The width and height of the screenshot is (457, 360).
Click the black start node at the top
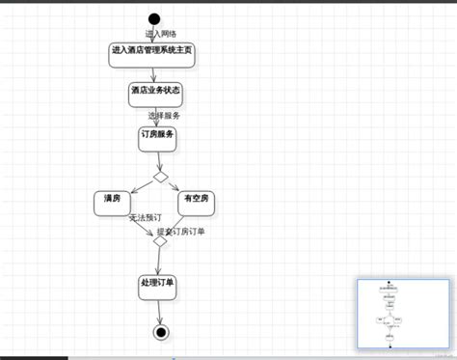coord(154,18)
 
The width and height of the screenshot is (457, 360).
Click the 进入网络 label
coord(160,33)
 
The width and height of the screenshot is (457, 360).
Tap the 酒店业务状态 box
coord(155,92)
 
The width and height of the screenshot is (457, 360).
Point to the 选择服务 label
coord(164,115)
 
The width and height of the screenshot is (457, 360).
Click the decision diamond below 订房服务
coord(160,177)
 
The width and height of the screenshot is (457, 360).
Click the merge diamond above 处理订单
coord(160,241)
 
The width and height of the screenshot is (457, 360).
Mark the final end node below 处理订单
coord(160,332)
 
